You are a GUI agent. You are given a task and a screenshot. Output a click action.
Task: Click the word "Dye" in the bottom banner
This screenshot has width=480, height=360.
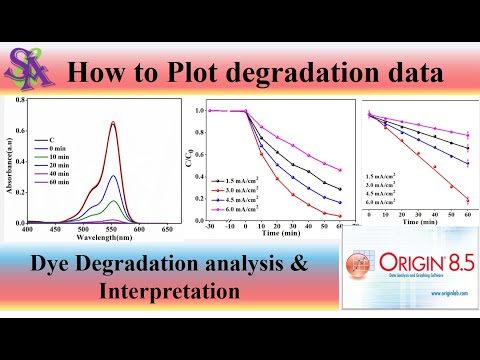[x=55, y=264]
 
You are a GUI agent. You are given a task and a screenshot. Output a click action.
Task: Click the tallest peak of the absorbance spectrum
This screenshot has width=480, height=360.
[x=112, y=123]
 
